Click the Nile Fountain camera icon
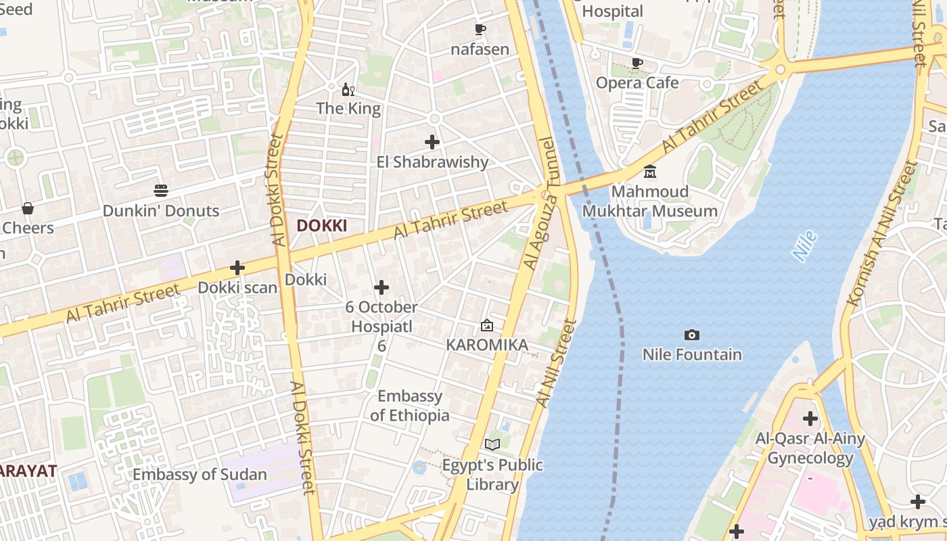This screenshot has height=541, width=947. pyautogui.click(x=691, y=335)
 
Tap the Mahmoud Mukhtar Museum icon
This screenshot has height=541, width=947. pyautogui.click(x=650, y=171)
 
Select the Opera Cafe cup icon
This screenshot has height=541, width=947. pyautogui.click(x=637, y=63)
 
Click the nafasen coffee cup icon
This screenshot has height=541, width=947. pyautogui.click(x=480, y=29)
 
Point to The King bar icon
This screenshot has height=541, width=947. pyautogui.click(x=348, y=89)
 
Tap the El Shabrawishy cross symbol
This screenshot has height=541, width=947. pyautogui.click(x=432, y=142)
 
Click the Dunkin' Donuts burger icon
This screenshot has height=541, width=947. pyautogui.click(x=161, y=191)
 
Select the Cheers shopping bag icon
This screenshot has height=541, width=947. pyautogui.click(x=28, y=208)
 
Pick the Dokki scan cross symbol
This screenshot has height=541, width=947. pyautogui.click(x=237, y=268)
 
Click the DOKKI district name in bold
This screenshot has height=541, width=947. pyautogui.click(x=322, y=226)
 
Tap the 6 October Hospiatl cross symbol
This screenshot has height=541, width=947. pyautogui.click(x=382, y=287)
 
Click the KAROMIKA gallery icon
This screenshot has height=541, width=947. pyautogui.click(x=486, y=325)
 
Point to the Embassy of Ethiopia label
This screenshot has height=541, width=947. pyautogui.click(x=410, y=406)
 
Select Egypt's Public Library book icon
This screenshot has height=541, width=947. pyautogui.click(x=492, y=444)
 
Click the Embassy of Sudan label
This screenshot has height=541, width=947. pyautogui.click(x=200, y=475)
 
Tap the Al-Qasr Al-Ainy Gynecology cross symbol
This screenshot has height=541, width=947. pyautogui.click(x=810, y=419)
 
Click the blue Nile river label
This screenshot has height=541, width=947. pyautogui.click(x=804, y=246)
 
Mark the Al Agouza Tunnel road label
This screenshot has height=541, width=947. pyautogui.click(x=539, y=203)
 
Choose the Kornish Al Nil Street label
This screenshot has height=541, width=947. pyautogui.click(x=884, y=233)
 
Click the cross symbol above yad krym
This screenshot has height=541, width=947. pyautogui.click(x=917, y=502)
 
